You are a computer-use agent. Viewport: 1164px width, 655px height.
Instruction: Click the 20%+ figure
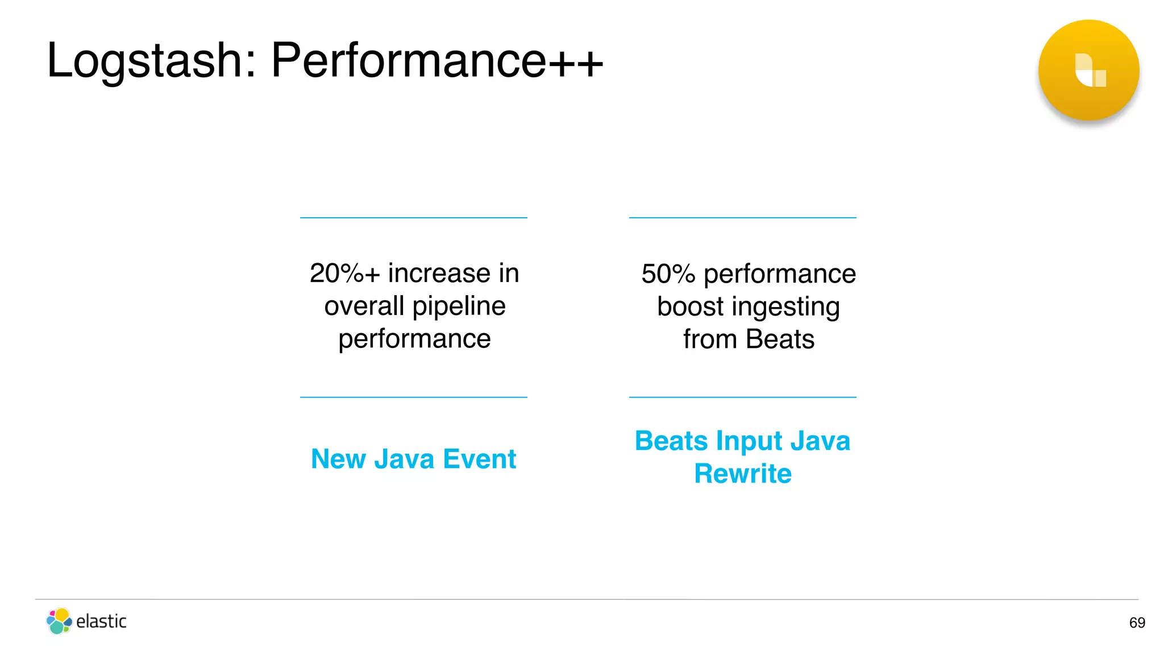click(x=344, y=273)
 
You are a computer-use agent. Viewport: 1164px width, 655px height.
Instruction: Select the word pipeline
click(x=459, y=306)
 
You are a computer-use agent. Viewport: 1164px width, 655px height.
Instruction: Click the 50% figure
click(x=668, y=274)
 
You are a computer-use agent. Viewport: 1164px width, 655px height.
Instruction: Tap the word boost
click(x=690, y=307)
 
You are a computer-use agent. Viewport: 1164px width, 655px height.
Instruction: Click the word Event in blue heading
click(x=479, y=459)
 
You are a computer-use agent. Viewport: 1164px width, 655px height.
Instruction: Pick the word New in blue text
click(x=338, y=459)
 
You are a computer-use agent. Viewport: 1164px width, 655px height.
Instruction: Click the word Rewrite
click(x=743, y=474)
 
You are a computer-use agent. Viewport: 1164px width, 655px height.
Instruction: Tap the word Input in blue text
click(x=749, y=441)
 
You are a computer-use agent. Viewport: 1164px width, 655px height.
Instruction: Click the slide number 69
click(x=1137, y=623)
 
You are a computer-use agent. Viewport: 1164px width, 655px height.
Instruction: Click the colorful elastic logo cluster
click(x=59, y=621)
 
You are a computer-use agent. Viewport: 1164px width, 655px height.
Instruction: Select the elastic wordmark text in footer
click(x=101, y=621)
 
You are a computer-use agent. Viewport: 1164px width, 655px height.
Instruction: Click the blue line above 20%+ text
click(x=413, y=218)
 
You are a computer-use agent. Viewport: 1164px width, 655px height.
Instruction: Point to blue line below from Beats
click(x=742, y=397)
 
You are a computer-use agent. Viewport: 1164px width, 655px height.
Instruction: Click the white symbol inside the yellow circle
click(x=1090, y=71)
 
